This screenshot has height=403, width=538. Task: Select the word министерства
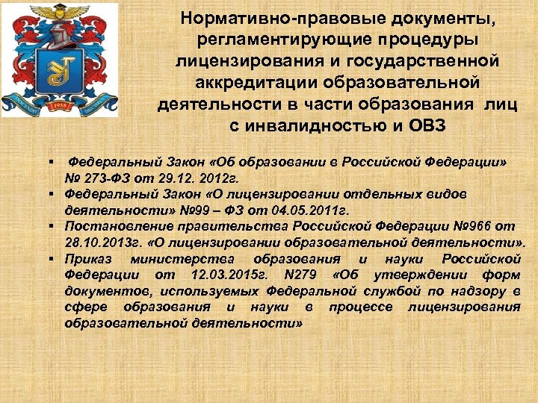coord(180,260)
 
